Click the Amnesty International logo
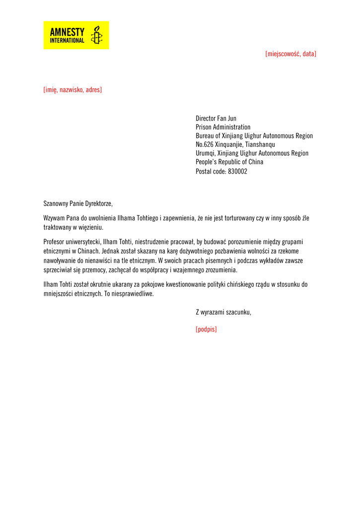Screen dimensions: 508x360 76,35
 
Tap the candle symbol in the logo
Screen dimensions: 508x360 97,35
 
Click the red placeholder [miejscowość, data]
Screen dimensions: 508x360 290,54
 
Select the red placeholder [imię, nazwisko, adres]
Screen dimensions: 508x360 72,90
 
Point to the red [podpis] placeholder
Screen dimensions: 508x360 206,329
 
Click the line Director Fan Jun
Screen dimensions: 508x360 216,119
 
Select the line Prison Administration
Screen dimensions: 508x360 223,127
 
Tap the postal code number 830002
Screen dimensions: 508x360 237,171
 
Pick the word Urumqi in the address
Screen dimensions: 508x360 206,153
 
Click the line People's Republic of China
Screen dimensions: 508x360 229,162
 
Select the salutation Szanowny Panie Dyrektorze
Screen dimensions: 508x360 78,203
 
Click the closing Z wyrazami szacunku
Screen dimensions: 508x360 223,312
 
